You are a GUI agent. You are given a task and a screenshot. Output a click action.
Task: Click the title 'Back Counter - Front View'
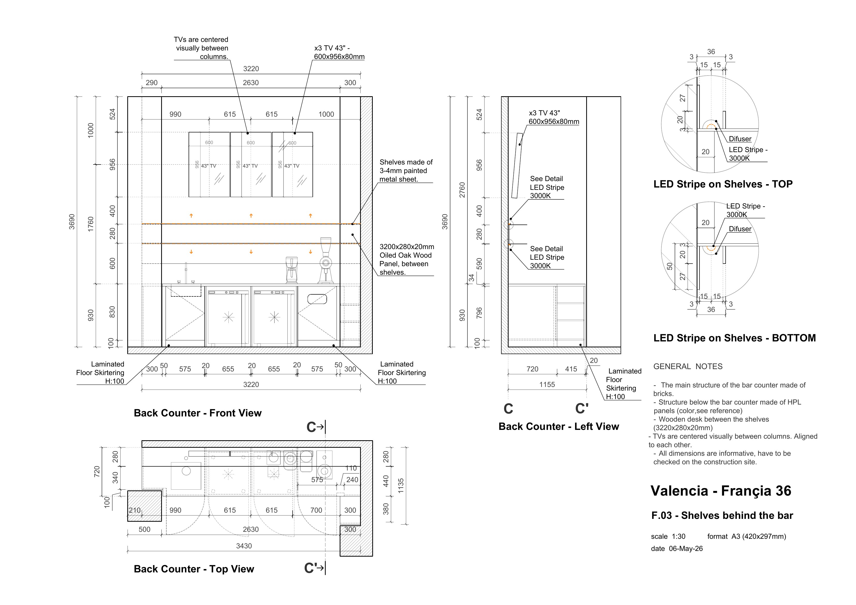tap(198, 413)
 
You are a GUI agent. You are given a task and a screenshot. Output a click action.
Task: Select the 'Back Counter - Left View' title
tap(559, 427)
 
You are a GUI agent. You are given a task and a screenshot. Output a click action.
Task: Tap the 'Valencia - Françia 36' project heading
tap(721, 491)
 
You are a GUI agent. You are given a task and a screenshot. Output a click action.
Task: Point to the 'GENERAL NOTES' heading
tap(688, 367)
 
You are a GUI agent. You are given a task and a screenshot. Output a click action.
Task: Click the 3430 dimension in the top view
tap(244, 546)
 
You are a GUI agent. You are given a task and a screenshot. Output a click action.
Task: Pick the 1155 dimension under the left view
tap(547, 384)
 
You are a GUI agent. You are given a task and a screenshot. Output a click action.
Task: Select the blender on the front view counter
tap(292, 270)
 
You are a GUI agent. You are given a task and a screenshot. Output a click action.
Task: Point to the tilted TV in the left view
tap(517, 165)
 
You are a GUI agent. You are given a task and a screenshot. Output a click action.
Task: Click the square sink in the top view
tap(186, 476)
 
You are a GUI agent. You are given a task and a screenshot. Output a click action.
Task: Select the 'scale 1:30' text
tap(668, 536)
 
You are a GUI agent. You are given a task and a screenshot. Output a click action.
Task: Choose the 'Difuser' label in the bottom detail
tap(740, 229)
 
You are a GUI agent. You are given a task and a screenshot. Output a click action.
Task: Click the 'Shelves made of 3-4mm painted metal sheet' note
tap(406, 171)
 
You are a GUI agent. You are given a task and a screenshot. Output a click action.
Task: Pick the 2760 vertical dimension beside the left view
tap(462, 190)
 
